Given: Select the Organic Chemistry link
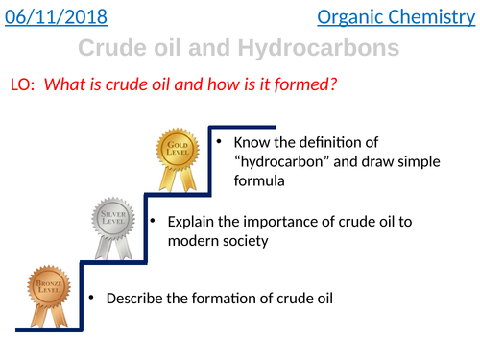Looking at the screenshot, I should click(x=406, y=17).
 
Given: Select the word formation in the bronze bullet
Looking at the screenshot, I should click(x=217, y=299).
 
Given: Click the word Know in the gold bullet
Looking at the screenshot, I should click(x=252, y=144).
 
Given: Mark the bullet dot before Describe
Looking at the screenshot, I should click(x=90, y=298).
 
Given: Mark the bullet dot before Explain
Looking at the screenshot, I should click(x=154, y=221).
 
